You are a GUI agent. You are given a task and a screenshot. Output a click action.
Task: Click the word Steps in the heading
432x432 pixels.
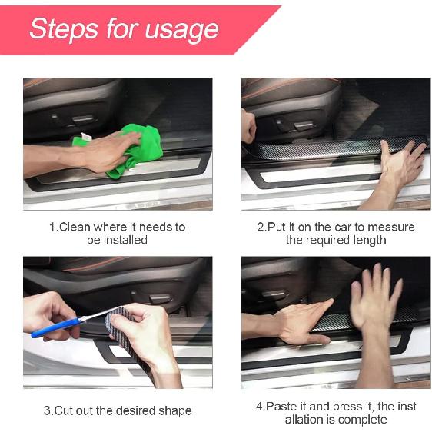tap(65, 29)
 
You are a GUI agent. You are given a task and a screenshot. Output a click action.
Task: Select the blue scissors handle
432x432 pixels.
tap(49, 329)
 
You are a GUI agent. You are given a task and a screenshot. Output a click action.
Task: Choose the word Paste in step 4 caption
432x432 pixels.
tap(281, 406)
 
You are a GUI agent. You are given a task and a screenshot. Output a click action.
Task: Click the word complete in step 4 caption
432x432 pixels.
tap(363, 419)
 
